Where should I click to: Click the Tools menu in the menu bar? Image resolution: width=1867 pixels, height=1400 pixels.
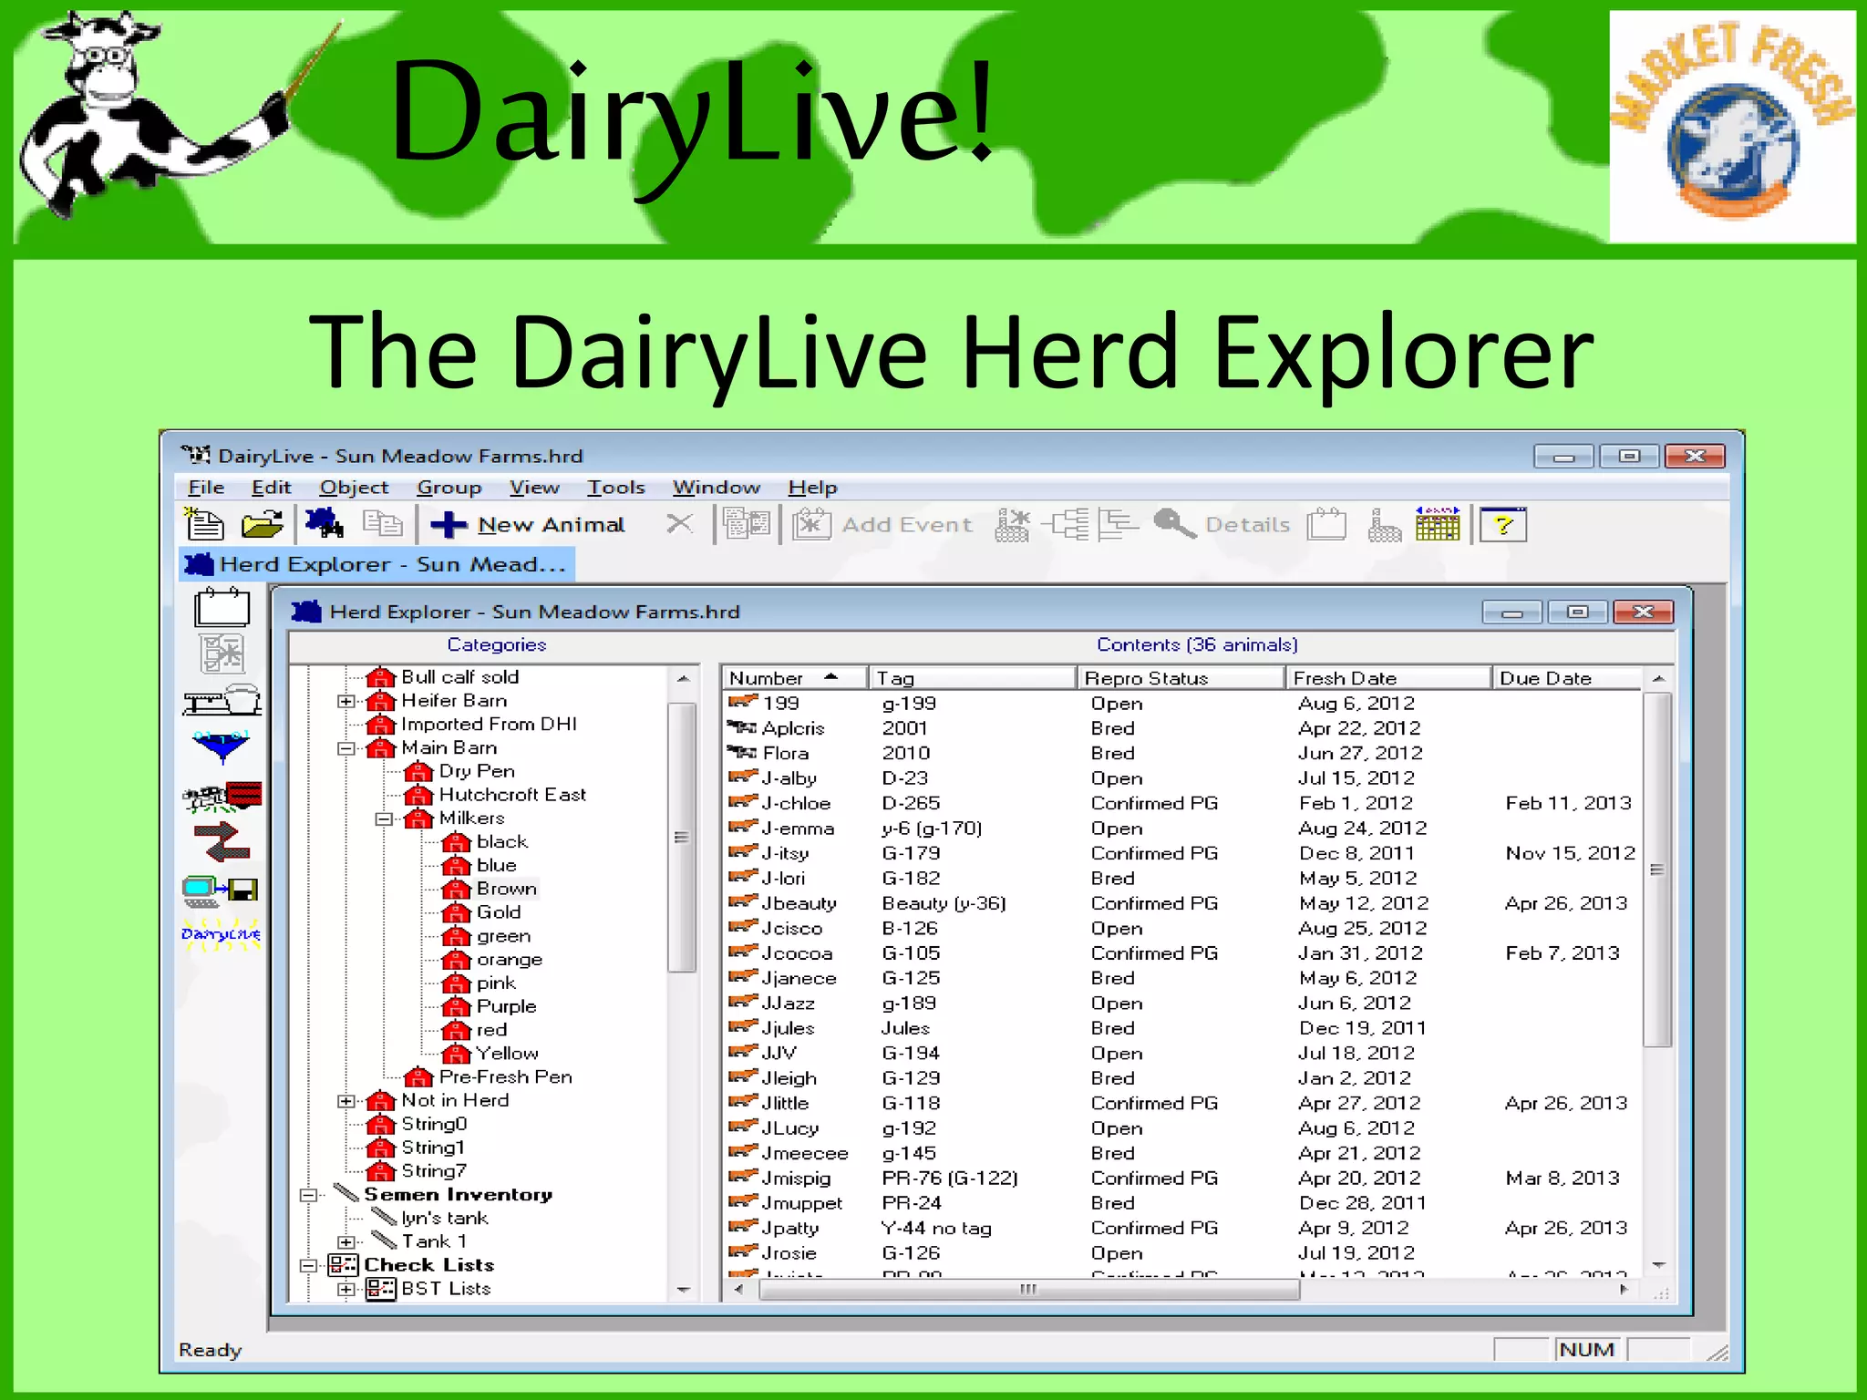tap(615, 488)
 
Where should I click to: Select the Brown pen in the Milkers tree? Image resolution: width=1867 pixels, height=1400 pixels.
tap(506, 889)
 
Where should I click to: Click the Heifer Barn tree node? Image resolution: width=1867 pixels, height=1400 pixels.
tap(453, 701)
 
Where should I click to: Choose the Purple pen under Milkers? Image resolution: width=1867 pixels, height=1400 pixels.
tap(506, 1006)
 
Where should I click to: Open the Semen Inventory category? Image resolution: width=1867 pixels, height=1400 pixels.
tap(458, 1194)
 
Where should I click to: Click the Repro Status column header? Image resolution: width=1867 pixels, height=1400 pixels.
tap(1146, 678)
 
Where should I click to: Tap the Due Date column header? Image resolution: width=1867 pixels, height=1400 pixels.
tap(1545, 678)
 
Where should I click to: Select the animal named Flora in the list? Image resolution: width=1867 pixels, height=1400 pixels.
tap(785, 753)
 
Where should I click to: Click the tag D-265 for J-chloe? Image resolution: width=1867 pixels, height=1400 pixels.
tap(911, 803)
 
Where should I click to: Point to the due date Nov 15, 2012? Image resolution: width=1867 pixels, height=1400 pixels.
tap(1570, 853)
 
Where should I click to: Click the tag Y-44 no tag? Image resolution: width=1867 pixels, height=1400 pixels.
tap(936, 1228)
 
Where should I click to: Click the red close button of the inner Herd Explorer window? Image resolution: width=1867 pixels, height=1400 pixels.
tap(1643, 612)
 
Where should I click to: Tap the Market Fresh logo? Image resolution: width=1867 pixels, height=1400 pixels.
tap(1731, 127)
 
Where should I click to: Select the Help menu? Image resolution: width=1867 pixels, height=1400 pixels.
tap(812, 488)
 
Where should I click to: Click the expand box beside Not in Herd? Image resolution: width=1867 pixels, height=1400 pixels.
tap(346, 1101)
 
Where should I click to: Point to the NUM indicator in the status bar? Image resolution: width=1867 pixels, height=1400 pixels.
tap(1586, 1349)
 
